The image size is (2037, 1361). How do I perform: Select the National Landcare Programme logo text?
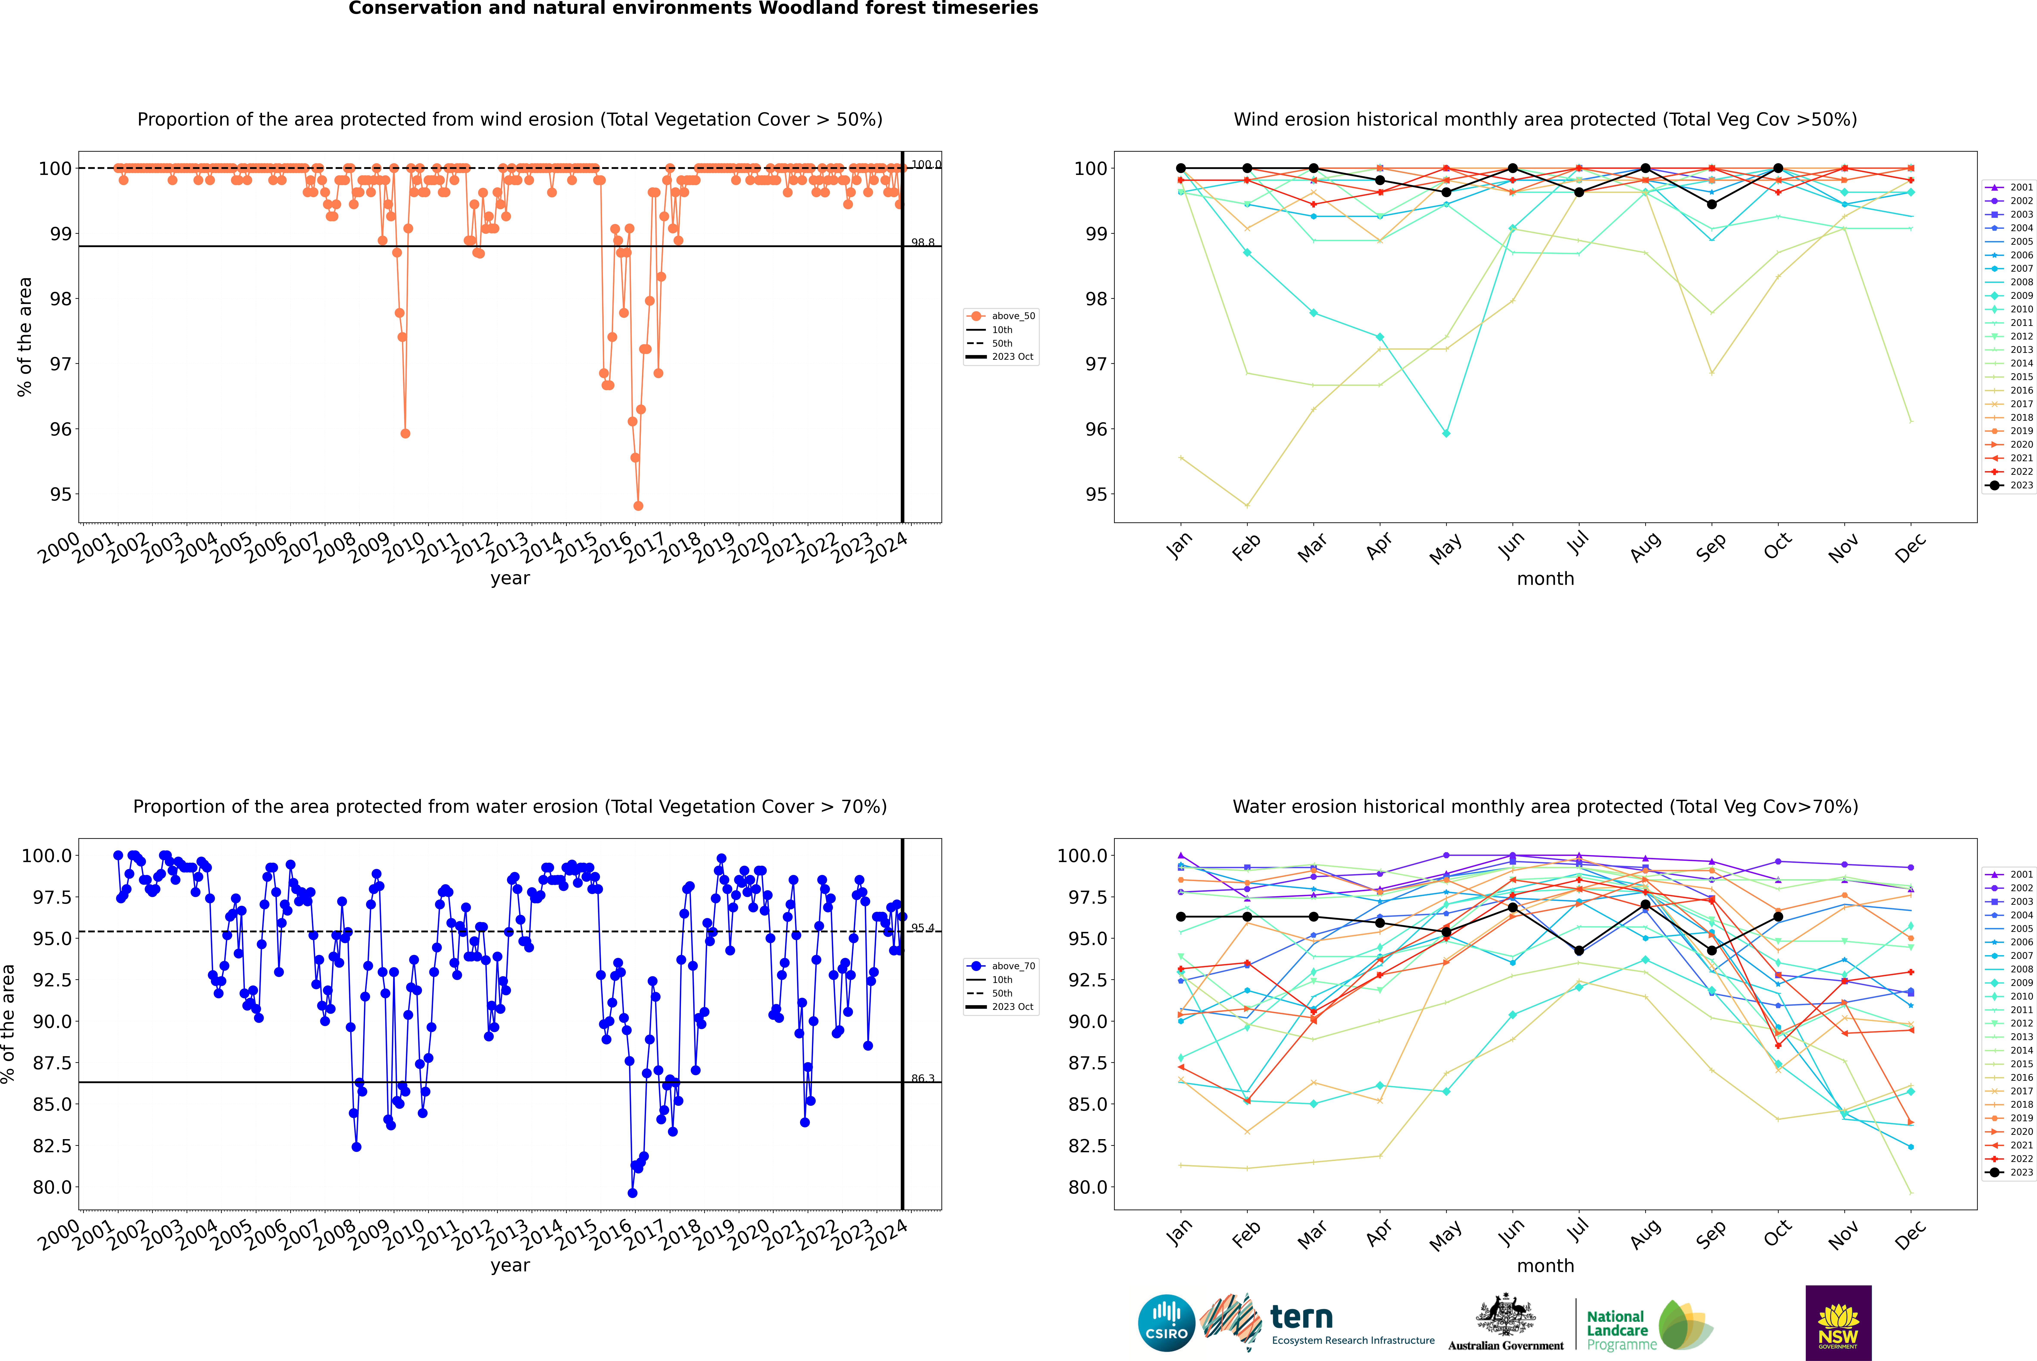coord(1617,1330)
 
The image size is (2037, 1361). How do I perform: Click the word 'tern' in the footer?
coord(1301,1317)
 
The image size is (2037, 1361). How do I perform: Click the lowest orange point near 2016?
coord(638,505)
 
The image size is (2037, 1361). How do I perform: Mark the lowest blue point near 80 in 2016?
coord(632,1193)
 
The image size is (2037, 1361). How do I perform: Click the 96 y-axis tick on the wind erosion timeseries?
coord(61,429)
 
